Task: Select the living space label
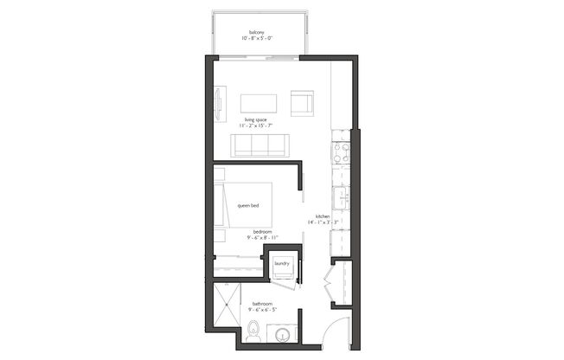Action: [x=254, y=119]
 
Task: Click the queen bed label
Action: [x=249, y=206]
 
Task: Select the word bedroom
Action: [x=263, y=231]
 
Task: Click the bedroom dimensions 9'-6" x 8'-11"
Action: [x=263, y=238]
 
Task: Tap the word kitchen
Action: [x=323, y=215]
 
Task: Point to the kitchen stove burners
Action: [x=341, y=153]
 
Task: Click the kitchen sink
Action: [x=341, y=197]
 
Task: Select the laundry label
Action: [x=281, y=264]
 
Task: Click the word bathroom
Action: [x=263, y=304]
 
